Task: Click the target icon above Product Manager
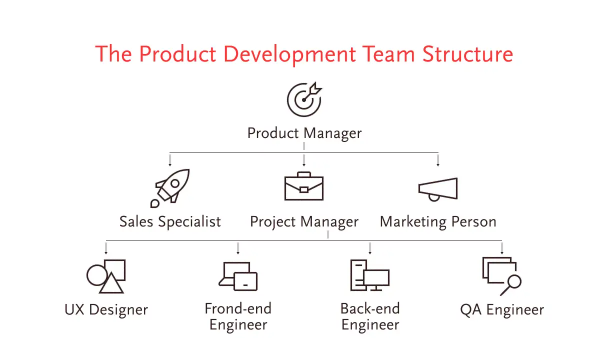point(303,100)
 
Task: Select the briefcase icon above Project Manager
point(303,186)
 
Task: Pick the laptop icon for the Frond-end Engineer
point(238,276)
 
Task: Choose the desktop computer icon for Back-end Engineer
point(370,275)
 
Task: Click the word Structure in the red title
point(467,54)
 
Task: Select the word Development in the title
point(289,55)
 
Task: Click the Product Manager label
point(304,133)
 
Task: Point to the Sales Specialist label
point(170,222)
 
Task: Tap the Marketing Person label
point(438,222)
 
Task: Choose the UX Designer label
point(106,310)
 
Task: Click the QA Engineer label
point(502,310)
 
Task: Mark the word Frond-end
point(238,308)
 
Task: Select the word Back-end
point(370,308)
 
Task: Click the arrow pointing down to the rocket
point(170,160)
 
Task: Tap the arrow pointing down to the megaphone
point(438,160)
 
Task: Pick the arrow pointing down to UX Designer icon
point(106,248)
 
